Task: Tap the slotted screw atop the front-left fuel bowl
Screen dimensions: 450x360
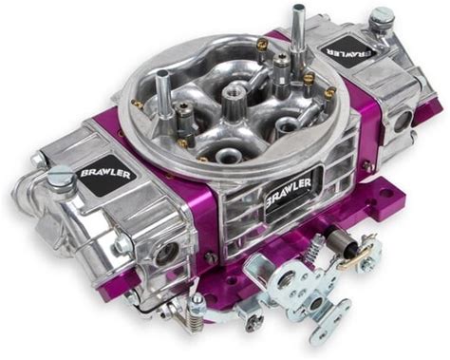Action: click(x=60, y=178)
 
